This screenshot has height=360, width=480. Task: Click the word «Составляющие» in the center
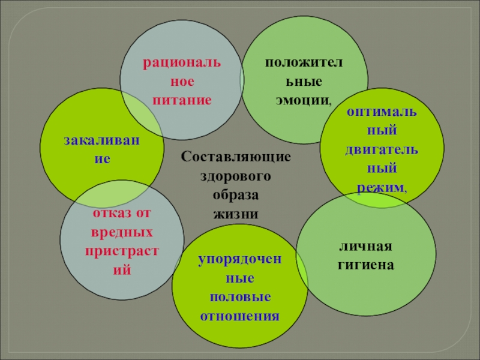pos(236,157)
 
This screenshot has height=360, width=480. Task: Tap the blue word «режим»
pos(380,188)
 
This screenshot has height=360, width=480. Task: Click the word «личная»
pos(365,247)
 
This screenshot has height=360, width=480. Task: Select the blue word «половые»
pos(240,298)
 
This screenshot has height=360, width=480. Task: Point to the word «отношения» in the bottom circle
pos(240,316)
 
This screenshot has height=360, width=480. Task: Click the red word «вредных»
pos(122,232)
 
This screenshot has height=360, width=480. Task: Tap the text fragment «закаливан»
pos(100,142)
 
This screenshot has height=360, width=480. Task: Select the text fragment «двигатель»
pos(382,149)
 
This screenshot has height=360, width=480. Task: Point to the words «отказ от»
pos(122,214)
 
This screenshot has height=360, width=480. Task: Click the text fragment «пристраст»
pos(122,250)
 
